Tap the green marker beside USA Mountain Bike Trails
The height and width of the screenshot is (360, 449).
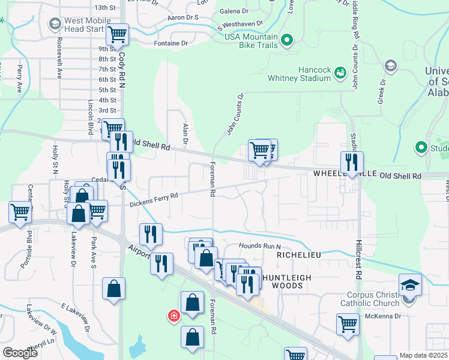click(287, 41)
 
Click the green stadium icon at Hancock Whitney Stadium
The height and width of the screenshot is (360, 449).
click(340, 73)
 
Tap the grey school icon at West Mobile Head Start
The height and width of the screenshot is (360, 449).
click(55, 24)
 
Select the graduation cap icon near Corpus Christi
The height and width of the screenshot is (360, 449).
click(411, 284)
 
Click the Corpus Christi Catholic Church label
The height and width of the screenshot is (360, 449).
click(373, 299)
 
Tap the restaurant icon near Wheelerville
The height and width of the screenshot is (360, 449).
click(351, 161)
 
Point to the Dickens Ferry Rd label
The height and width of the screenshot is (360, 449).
click(154, 199)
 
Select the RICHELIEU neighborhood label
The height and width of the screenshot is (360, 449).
click(299, 255)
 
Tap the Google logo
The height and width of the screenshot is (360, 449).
click(20, 353)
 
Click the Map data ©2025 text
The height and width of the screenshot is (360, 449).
click(423, 355)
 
